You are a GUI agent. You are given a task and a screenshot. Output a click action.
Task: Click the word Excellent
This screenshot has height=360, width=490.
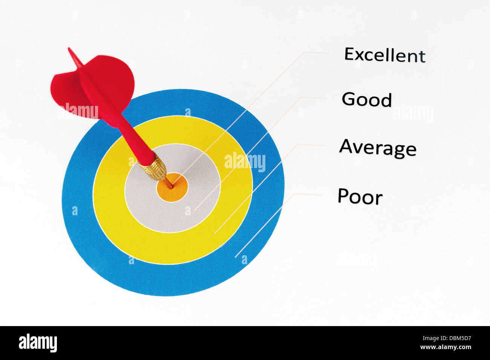tap(385, 55)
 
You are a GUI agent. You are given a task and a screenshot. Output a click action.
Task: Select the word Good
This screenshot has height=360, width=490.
tap(367, 100)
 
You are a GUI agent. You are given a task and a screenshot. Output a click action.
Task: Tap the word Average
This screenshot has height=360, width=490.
tap(378, 148)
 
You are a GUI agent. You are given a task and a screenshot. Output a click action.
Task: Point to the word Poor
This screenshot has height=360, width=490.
tap(360, 196)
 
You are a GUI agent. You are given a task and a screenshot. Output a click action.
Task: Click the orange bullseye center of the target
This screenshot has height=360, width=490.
tap(172, 187)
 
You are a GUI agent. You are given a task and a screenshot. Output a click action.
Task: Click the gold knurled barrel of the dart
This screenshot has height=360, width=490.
tap(153, 166)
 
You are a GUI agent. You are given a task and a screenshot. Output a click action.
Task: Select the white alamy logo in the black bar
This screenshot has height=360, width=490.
tap(38, 343)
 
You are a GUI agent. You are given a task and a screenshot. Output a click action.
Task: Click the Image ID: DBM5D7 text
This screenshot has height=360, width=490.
tap(447, 339)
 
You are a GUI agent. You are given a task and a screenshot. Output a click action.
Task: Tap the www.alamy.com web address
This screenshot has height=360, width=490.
tap(446, 347)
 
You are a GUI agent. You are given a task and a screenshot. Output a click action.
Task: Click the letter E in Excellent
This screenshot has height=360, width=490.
tap(349, 54)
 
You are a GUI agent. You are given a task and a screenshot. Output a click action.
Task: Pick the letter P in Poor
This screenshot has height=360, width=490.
tap(343, 195)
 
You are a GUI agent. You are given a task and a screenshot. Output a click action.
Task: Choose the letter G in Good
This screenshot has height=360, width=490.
tap(349, 99)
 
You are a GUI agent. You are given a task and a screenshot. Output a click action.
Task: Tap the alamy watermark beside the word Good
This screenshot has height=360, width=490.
tap(413, 113)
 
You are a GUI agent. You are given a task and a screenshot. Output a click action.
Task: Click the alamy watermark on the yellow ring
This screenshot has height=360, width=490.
tap(245, 161)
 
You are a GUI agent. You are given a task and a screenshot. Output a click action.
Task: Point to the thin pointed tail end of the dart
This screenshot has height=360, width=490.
tap(69, 48)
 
